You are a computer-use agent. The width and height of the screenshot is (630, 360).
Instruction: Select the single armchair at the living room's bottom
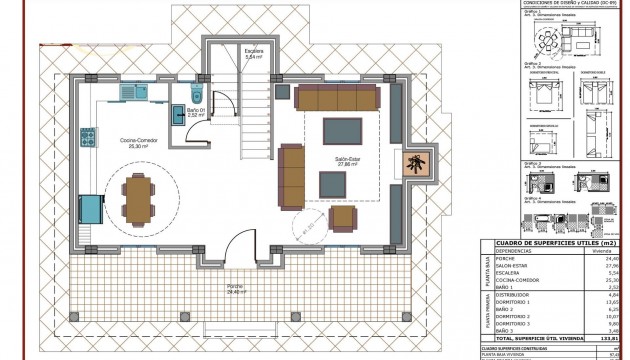342,217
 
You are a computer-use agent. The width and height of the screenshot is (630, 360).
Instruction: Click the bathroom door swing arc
227,104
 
